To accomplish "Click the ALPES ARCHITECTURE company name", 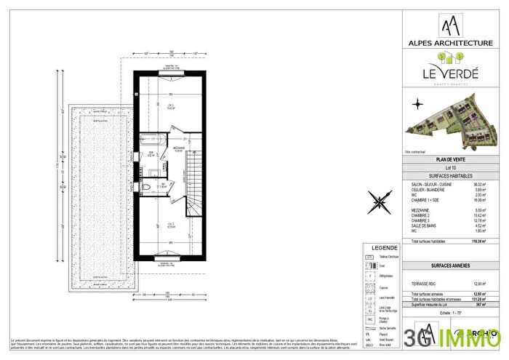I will [452, 44].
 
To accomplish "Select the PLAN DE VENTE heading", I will [452, 159].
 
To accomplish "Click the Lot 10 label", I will [452, 167].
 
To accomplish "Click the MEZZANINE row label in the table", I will [422, 210].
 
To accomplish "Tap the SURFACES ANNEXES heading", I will [452, 266].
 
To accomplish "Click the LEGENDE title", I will [384, 247].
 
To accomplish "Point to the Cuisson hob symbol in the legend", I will [370, 287].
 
